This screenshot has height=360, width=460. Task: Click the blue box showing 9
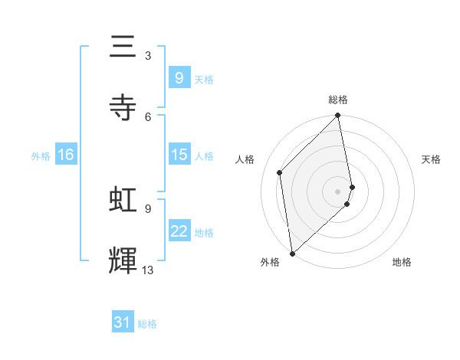coord(179,77)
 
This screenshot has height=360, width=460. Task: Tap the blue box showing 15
coord(179,155)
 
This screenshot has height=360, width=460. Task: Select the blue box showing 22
coord(179,231)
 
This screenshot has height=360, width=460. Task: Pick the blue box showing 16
coord(66,155)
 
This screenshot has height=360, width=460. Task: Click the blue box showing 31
coord(123,322)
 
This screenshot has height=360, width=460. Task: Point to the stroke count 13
coord(148,270)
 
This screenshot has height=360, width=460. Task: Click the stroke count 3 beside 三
coord(148,56)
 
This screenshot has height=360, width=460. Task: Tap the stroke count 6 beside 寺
coord(148,116)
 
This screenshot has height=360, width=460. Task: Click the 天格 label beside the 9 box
coord(204,79)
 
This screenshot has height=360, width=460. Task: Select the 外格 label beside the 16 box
coord(41,155)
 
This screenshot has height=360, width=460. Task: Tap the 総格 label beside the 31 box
coord(147,324)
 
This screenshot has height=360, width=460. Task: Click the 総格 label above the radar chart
coord(338,100)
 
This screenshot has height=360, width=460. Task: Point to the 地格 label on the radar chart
coord(402,262)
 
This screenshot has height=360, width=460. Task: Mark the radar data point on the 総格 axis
coord(338,116)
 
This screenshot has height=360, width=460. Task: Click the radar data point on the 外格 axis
coord(292,253)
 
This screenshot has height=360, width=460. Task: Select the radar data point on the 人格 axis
coord(280,172)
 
